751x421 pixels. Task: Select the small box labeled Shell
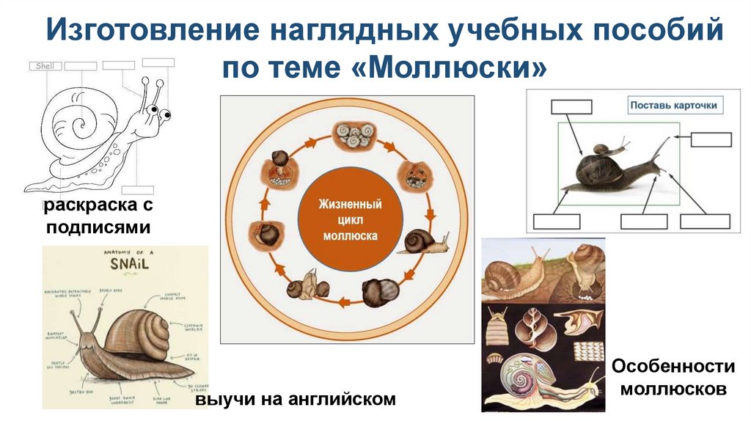point(45,66)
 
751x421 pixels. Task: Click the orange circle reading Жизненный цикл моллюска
point(350,217)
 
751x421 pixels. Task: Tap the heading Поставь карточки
point(673,105)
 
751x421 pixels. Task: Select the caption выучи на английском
point(295,399)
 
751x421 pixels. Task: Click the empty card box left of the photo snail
point(571,106)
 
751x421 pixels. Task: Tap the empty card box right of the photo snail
point(711,139)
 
